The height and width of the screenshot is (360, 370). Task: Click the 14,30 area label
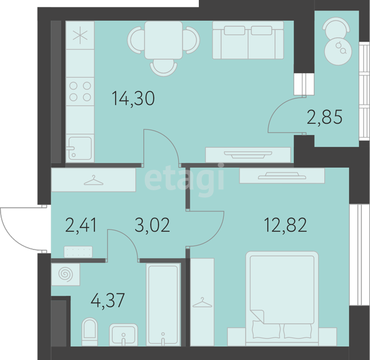tap(134, 98)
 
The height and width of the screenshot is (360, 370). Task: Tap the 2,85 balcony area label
tap(324, 117)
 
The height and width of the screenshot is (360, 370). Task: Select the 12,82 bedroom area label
tap(285, 225)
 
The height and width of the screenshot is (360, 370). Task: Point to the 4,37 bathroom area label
tap(108, 300)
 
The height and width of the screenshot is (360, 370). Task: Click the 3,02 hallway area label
tap(152, 225)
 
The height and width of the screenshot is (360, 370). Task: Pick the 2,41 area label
tap(81, 225)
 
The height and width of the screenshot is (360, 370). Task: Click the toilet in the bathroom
tap(90, 332)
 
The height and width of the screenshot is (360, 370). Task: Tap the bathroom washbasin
tap(123, 335)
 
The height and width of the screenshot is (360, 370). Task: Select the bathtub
tap(163, 304)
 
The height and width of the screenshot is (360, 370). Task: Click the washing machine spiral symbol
tap(65, 274)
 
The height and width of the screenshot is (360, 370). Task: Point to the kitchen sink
tap(80, 148)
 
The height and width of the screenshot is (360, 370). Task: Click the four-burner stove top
tap(80, 91)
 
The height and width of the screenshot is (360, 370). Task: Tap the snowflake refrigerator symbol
tap(80, 35)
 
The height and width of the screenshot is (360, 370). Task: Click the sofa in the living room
tap(248, 40)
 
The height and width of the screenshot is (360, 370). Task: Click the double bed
tap(282, 298)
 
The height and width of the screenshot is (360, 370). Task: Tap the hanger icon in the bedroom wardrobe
tap(202, 303)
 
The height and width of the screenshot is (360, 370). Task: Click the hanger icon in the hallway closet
tap(94, 180)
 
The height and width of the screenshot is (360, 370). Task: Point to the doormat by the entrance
tap(78, 252)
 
